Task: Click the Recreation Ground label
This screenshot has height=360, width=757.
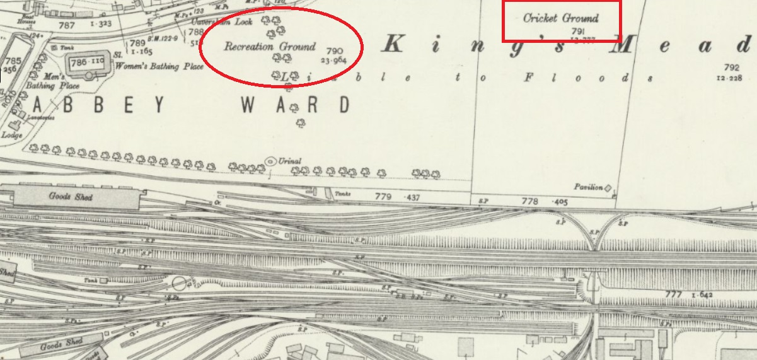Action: point(270,47)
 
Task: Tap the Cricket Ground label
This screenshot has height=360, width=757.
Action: point(560,18)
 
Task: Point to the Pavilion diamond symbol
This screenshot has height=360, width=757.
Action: point(608,188)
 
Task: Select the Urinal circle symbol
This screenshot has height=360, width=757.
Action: point(271,161)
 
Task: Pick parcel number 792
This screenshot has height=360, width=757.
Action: point(731,67)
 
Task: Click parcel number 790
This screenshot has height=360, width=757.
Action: point(335,51)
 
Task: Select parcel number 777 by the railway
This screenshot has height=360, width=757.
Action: point(673,294)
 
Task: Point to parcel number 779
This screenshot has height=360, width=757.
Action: point(383,197)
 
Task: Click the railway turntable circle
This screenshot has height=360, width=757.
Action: point(179,283)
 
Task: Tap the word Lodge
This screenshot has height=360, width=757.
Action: point(12,135)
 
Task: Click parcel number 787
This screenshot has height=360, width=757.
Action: point(66,25)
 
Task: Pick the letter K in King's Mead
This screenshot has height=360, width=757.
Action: point(393,44)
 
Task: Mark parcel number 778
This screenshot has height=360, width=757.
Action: point(530,202)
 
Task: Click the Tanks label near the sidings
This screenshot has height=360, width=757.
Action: point(342,194)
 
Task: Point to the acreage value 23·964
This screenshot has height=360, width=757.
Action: point(333,61)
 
